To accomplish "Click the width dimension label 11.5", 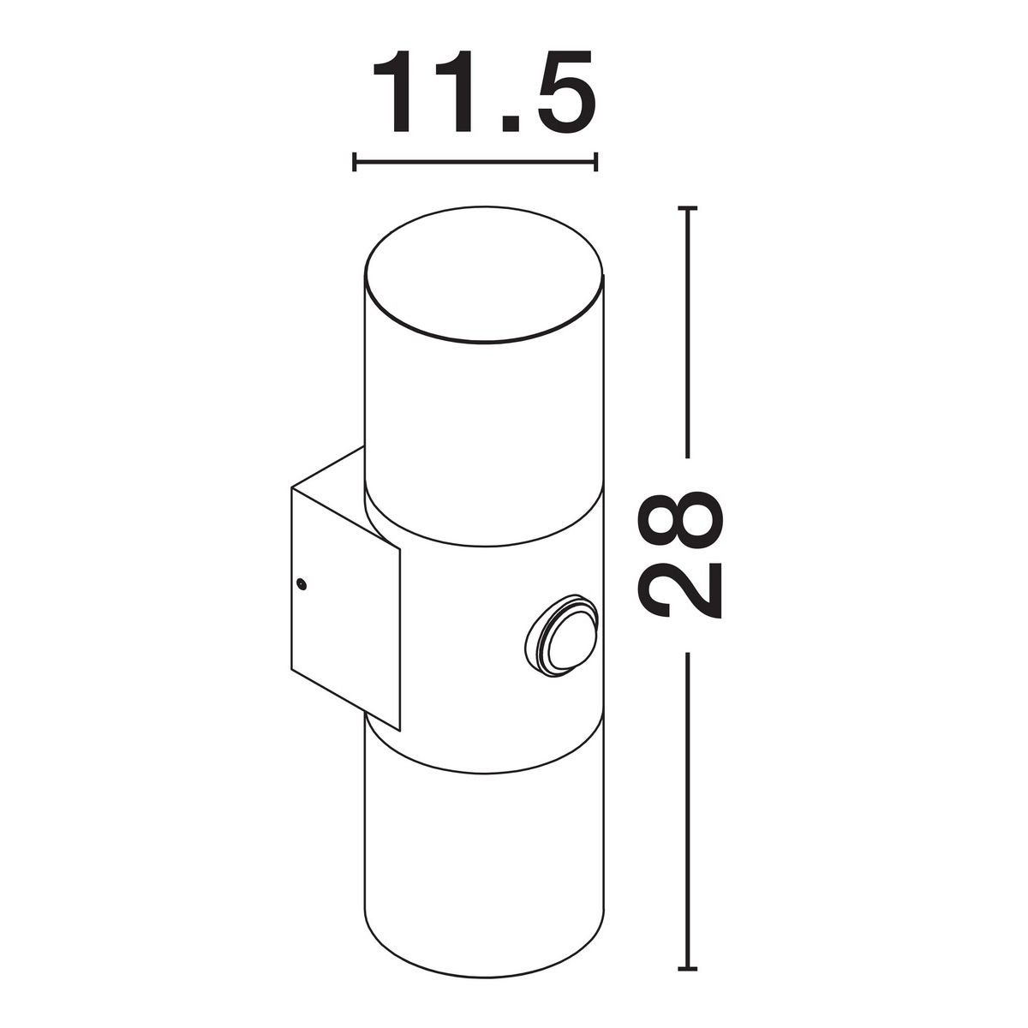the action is pos(483,91).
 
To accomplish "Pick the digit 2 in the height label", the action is pos(679,589).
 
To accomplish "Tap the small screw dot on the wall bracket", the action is pos(302,585).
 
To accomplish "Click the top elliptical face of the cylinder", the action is pos(484,273).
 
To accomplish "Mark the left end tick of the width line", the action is pos(354,162).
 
